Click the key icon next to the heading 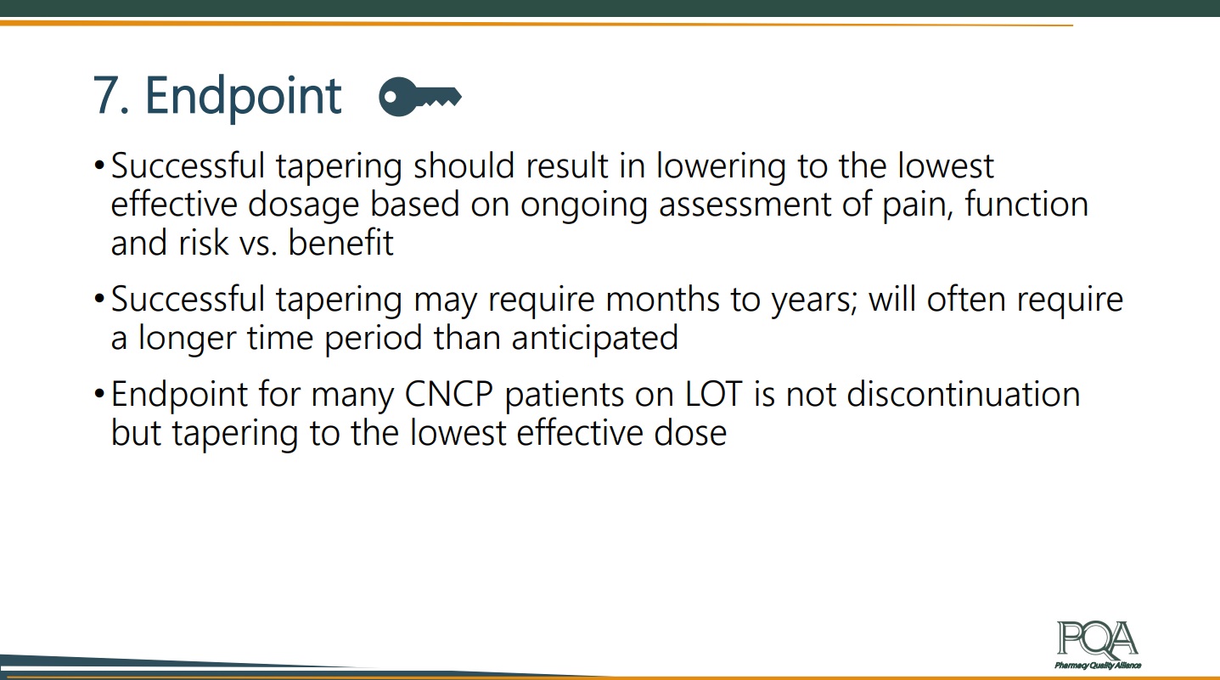click(420, 97)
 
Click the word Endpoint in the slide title click(243, 97)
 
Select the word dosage click(303, 204)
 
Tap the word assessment click(745, 204)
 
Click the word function click(1026, 204)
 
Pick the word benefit click(340, 242)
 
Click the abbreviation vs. click(259, 244)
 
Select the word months click(662, 300)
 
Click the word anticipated click(595, 339)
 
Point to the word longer click(187, 339)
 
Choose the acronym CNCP click(449, 394)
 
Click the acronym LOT click(713, 394)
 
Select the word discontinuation click(964, 394)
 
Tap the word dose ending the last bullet click(690, 433)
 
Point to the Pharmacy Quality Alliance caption click(1098, 666)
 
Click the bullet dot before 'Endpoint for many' click(99, 393)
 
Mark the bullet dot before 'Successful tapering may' click(99, 298)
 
